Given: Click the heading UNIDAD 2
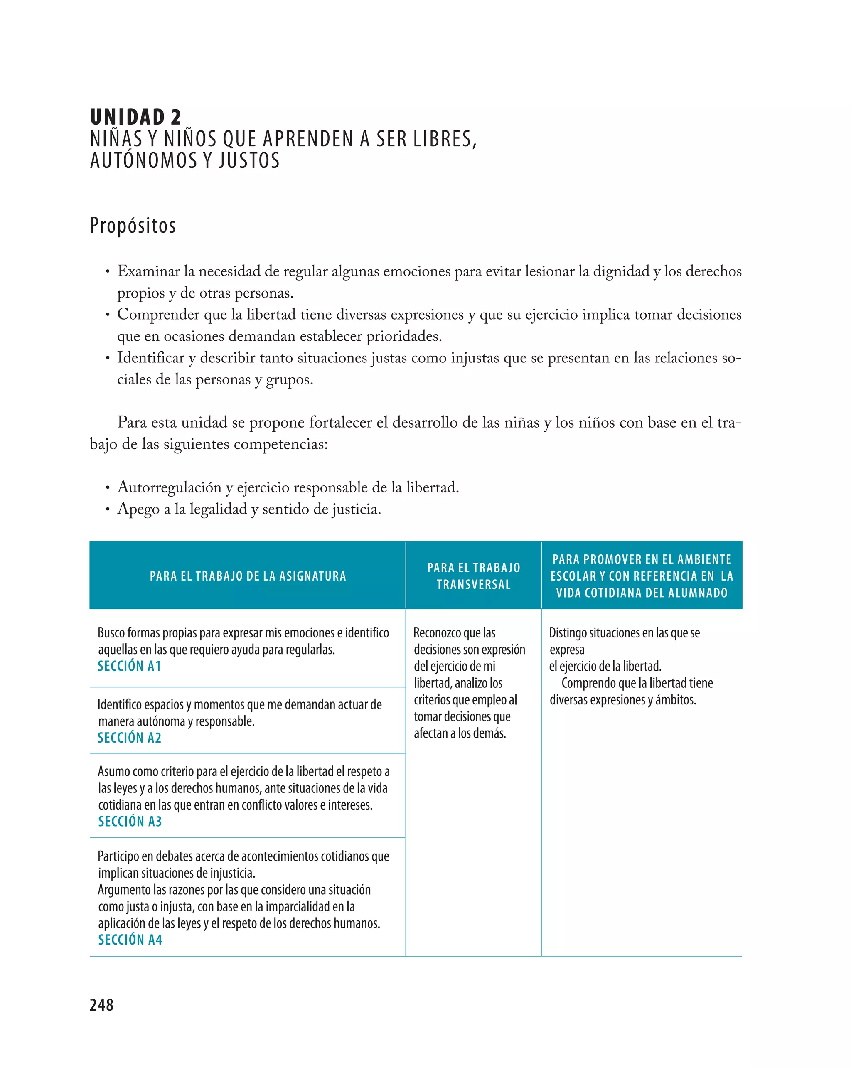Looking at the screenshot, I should (135, 118).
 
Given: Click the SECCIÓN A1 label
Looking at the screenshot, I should (129, 666).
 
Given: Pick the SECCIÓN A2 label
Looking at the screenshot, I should (129, 738).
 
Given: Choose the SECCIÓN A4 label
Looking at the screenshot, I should (130, 940).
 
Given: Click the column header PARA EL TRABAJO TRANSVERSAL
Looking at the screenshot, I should (474, 576).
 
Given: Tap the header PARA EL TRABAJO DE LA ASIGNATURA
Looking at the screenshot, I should (248, 576).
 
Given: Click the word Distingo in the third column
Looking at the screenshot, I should (568, 633).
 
